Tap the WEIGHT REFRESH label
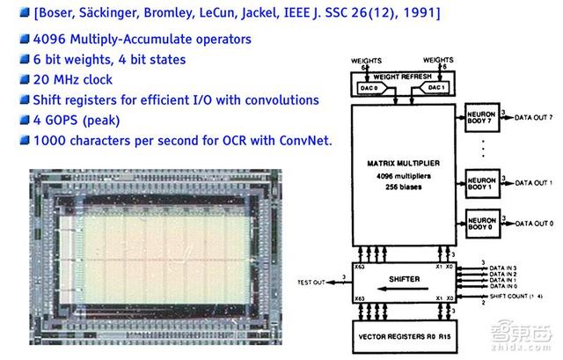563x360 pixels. coord(403,76)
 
